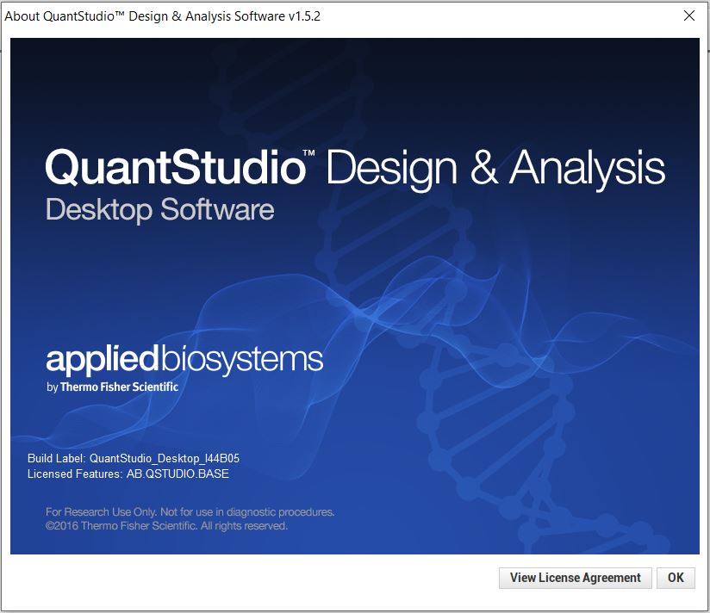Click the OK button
click(676, 578)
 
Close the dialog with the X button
click(689, 16)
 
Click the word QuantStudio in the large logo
click(175, 167)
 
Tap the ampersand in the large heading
click(483, 167)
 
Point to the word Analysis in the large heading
click(588, 169)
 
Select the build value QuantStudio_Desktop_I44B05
click(170, 458)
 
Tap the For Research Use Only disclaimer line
click(190, 512)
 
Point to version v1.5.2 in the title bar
click(302, 16)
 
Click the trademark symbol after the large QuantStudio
click(314, 153)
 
